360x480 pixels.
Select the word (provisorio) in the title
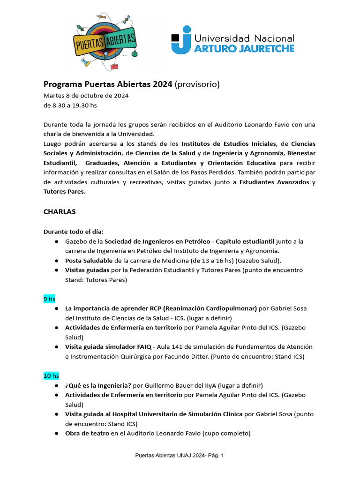coord(197,84)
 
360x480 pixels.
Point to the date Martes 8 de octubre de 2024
coord(86,96)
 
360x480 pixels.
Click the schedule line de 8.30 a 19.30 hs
coord(70,105)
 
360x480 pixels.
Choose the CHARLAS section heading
coord(60,211)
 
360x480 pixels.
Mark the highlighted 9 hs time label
coord(49,298)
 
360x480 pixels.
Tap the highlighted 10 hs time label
coord(51,375)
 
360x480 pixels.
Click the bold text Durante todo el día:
coord(73,232)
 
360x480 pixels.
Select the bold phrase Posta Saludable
coord(89,260)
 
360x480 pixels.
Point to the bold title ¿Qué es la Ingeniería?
coord(98,385)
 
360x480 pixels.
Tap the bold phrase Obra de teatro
coord(87,433)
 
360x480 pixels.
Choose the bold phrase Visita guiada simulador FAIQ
coord(108,346)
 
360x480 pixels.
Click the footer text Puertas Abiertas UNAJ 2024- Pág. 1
coord(180,455)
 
